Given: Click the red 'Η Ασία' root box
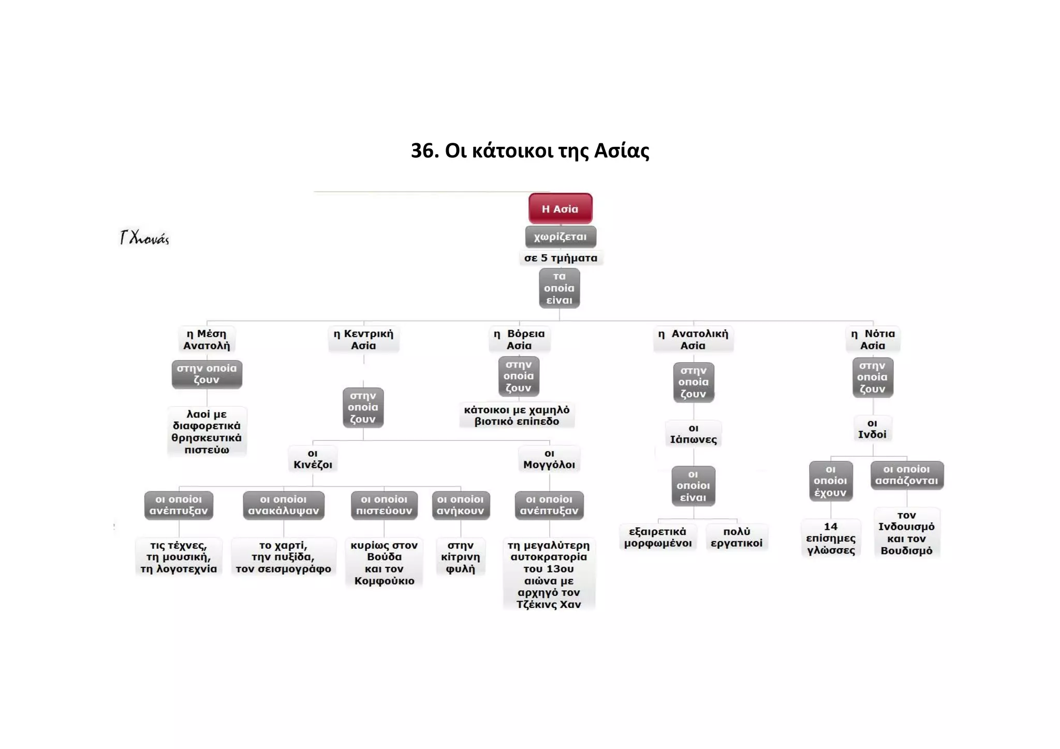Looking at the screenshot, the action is tap(560, 208).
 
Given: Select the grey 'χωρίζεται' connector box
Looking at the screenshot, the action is tap(561, 237).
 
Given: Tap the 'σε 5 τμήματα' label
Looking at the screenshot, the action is tap(561, 258).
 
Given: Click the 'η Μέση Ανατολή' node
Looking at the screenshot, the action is tap(207, 339).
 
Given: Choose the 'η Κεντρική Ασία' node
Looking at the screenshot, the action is tap(363, 339).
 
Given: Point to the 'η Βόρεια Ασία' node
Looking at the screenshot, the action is tap(519, 339).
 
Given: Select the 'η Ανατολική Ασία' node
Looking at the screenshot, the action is tap(693, 339).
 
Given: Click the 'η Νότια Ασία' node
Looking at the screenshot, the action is tap(873, 339).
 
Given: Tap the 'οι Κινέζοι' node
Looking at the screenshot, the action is tap(313, 459).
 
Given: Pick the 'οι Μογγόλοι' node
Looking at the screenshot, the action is tap(549, 459).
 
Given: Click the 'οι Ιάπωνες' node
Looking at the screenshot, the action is tap(694, 433).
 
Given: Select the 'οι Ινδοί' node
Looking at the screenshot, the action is tap(872, 429).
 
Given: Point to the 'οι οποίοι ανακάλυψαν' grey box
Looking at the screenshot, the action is tap(284, 505).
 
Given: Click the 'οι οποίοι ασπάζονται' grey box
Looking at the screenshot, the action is tap(907, 475).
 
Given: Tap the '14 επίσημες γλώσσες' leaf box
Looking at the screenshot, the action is tap(831, 538).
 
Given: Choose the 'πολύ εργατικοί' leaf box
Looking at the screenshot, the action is tap(737, 537).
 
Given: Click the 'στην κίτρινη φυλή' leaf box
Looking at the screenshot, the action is tap(460, 557).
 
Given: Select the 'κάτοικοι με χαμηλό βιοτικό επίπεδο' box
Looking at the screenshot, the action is tap(517, 415).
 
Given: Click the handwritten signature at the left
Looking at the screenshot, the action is tap(144, 237).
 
